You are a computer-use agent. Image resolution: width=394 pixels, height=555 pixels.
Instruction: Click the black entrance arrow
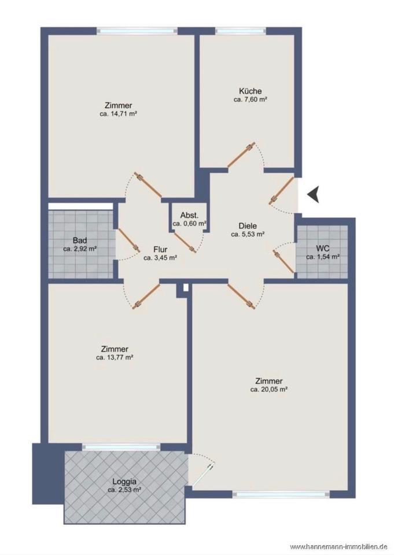(314, 194)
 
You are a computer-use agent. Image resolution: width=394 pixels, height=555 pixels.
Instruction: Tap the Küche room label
(250, 91)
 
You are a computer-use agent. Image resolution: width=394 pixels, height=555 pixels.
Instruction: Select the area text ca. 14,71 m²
(119, 114)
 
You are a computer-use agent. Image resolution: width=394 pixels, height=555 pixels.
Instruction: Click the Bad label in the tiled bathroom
(80, 240)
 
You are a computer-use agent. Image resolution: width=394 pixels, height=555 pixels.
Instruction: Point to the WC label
(322, 249)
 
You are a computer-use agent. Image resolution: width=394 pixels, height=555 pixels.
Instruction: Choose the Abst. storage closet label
(189, 216)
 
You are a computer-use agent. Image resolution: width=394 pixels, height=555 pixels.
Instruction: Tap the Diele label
(248, 226)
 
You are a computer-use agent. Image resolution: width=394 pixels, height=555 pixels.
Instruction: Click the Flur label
(160, 250)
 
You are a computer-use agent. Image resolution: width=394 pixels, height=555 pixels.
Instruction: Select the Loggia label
(124, 482)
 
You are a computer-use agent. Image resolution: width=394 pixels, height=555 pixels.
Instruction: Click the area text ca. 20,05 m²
(269, 389)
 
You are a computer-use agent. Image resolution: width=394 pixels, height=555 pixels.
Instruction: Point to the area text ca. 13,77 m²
(115, 357)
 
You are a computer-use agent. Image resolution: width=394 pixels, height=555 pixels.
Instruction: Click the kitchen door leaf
(241, 155)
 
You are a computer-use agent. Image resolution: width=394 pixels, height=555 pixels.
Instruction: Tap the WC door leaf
(283, 261)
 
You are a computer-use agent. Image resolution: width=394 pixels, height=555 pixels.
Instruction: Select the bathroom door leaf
(128, 239)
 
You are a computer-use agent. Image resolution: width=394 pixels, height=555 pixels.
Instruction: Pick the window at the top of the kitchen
(241, 31)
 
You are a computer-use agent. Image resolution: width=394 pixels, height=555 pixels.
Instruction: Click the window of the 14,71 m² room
(137, 31)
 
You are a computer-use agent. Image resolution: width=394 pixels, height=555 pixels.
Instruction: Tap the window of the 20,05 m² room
(281, 494)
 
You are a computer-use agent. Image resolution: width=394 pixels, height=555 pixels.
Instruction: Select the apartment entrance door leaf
(282, 190)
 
